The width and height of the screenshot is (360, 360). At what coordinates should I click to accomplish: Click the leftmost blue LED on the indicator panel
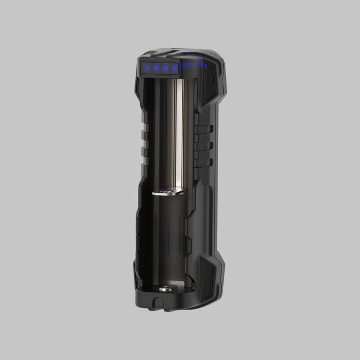pos(148,68)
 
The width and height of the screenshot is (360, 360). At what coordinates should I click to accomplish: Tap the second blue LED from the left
pos(157,69)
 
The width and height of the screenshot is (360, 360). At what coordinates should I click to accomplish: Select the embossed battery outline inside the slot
pos(174,244)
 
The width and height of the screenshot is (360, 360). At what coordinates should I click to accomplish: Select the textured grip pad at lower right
pos(209,277)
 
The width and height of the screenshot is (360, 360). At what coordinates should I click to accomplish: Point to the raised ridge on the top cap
pos(166,53)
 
